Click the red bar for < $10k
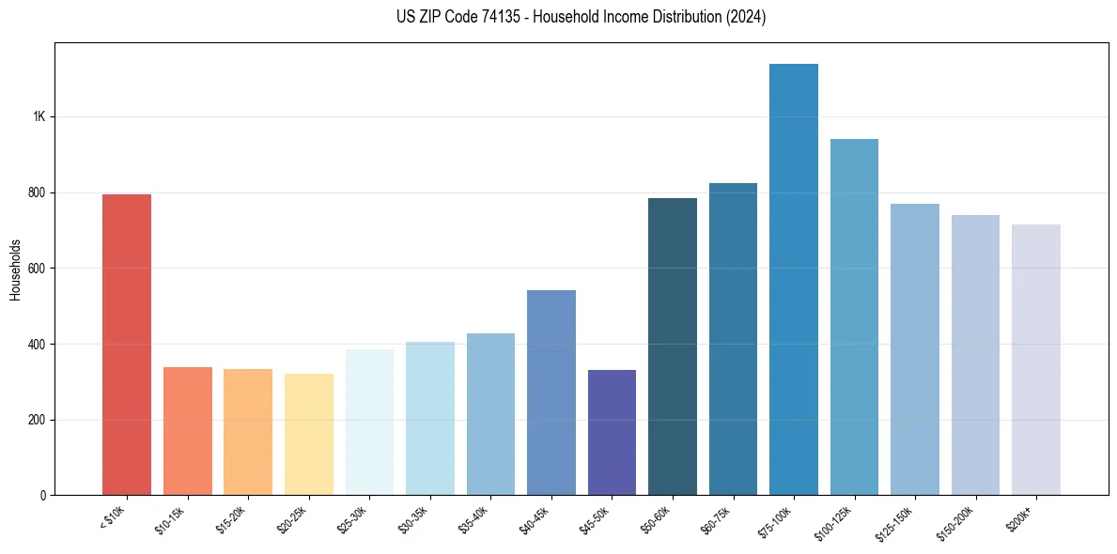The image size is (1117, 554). point(127,344)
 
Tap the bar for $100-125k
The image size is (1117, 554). point(854,316)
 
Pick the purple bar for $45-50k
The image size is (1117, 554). point(612,432)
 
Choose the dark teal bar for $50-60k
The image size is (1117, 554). point(673,346)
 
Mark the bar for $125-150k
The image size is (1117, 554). point(915,349)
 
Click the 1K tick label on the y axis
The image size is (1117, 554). point(39,117)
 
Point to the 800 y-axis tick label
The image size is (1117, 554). point(37,192)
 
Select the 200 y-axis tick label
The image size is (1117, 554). point(37,420)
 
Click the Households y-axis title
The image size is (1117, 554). point(15,269)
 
